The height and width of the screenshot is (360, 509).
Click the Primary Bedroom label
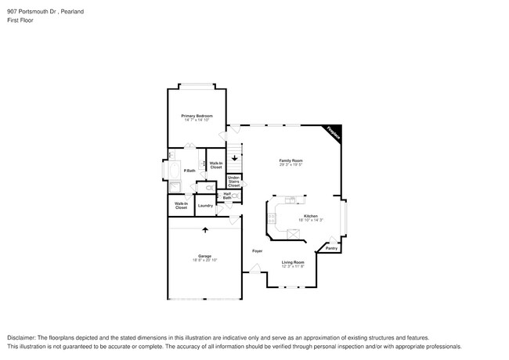(x=198, y=116)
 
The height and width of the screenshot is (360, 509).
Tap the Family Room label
(x=291, y=160)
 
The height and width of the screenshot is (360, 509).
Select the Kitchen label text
(x=311, y=216)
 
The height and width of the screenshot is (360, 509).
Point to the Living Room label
(x=293, y=262)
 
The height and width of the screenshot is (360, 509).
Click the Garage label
(x=204, y=255)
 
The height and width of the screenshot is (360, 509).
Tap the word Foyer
(x=257, y=250)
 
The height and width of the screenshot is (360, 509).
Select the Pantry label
(x=331, y=248)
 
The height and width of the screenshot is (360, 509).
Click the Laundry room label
(x=205, y=206)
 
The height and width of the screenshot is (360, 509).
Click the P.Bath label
(x=189, y=171)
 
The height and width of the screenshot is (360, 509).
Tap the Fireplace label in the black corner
(x=333, y=133)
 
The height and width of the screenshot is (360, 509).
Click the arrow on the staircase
(x=233, y=157)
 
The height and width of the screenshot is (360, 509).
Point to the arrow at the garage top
(x=205, y=229)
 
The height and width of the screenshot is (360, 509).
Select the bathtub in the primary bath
(x=172, y=170)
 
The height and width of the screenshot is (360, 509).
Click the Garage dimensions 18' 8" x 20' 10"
(x=204, y=260)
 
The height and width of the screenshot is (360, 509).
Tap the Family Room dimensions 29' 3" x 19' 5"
(x=291, y=164)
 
